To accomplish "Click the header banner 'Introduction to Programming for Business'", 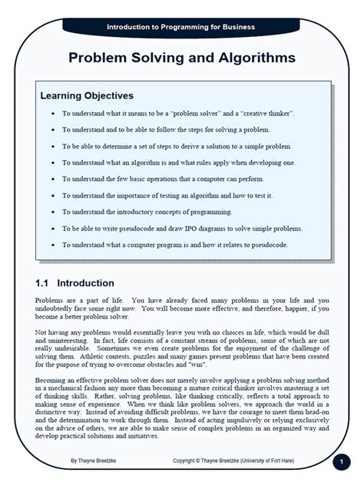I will pyautogui.click(x=181, y=27).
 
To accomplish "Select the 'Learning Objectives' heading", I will pyautogui.click(x=87, y=96).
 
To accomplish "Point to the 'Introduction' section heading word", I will pyautogui.click(x=85, y=283).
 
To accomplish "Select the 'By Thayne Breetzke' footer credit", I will pyautogui.click(x=94, y=461).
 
